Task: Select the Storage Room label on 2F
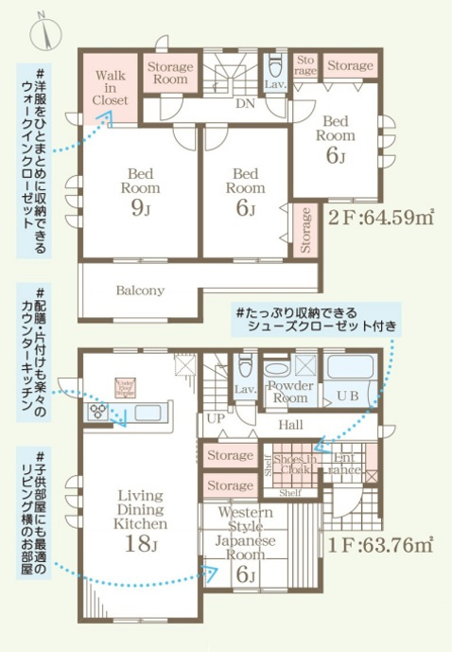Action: click(169, 73)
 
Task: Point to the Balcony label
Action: click(140, 291)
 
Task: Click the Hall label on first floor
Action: click(290, 427)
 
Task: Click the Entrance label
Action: click(346, 464)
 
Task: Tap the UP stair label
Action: click(215, 417)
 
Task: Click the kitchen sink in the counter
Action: click(149, 412)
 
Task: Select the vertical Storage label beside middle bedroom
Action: click(305, 230)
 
